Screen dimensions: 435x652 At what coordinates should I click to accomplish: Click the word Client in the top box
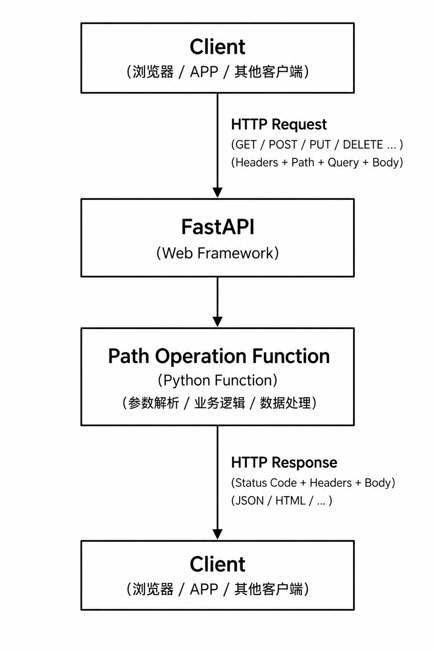click(217, 47)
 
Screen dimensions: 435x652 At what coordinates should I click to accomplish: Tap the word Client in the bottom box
click(217, 564)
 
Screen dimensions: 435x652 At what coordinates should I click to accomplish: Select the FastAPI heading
click(217, 227)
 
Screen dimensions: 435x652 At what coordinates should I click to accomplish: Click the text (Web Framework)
click(217, 253)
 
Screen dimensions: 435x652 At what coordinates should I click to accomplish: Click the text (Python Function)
click(217, 380)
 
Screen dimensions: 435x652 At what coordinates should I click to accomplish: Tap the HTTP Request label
click(279, 124)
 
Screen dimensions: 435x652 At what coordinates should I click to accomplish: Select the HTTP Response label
click(284, 463)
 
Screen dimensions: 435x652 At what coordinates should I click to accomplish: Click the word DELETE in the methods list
click(363, 145)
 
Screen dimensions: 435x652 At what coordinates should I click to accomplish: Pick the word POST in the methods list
click(282, 145)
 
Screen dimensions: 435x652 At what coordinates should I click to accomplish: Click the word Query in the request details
click(343, 163)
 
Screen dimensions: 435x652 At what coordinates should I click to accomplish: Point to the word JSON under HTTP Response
click(249, 501)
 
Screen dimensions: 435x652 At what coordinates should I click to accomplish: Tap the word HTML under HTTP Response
click(291, 501)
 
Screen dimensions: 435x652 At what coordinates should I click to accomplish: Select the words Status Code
click(266, 483)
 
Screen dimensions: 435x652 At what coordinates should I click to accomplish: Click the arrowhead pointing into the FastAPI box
click(217, 193)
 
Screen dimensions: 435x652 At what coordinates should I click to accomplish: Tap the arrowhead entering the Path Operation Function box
click(217, 322)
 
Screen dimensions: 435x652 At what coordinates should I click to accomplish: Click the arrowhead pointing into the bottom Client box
click(217, 534)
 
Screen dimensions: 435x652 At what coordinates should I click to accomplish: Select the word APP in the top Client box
click(204, 72)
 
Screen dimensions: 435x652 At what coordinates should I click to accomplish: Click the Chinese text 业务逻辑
click(219, 403)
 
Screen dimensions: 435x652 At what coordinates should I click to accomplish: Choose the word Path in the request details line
click(303, 163)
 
